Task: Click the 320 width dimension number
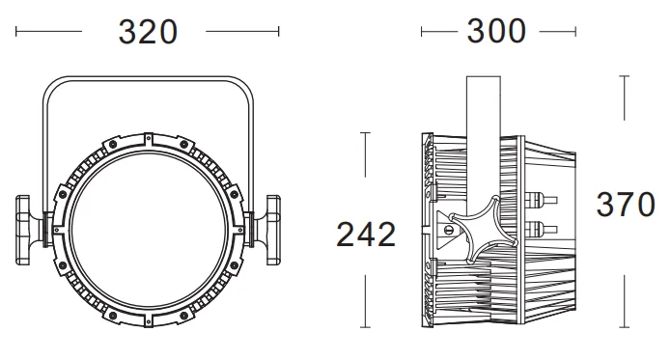(x=148, y=32)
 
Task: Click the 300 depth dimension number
(x=496, y=31)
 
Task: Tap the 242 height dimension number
(x=366, y=235)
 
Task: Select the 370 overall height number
(x=626, y=205)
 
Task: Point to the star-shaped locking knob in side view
(x=483, y=230)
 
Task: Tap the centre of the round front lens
(x=148, y=230)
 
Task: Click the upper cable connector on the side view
(x=541, y=200)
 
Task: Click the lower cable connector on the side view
(x=541, y=229)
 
